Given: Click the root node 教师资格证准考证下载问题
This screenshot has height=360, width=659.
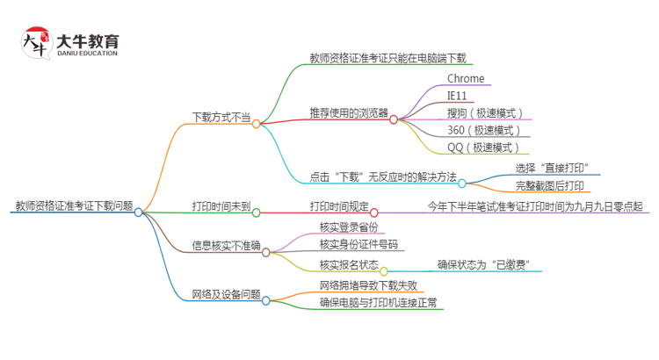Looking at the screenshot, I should click(74, 206).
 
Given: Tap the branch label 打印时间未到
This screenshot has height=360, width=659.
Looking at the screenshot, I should click(221, 206).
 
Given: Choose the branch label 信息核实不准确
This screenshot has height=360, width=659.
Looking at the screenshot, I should click(226, 245).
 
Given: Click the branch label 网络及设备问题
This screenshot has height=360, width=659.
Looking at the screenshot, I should click(226, 294).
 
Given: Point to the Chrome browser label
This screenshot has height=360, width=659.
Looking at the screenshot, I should click(466, 79).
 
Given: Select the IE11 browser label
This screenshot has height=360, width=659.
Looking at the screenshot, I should click(458, 96).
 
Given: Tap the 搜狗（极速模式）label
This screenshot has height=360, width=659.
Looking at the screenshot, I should click(485, 113).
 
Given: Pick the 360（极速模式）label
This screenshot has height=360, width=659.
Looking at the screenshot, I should click(485, 131).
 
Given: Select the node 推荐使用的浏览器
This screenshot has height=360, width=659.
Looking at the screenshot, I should click(349, 112).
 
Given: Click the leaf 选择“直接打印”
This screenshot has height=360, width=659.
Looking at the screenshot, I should click(552, 168).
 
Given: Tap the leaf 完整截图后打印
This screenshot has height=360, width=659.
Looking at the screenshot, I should click(550, 185).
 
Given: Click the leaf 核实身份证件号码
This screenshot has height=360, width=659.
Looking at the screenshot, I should click(358, 244).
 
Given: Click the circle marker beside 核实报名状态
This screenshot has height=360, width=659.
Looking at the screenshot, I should click(384, 271).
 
